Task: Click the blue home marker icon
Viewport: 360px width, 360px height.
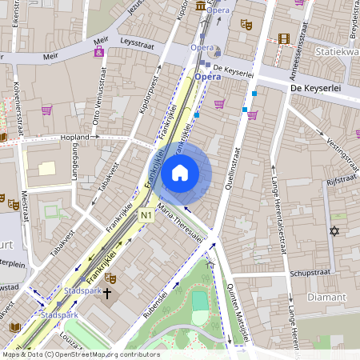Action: (x=180, y=173)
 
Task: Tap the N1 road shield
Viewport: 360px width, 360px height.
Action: (x=146, y=215)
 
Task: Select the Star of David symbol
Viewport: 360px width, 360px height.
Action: (x=334, y=231)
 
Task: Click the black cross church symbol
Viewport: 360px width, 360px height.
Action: (x=108, y=294)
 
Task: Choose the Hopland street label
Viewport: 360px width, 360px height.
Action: (x=74, y=138)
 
